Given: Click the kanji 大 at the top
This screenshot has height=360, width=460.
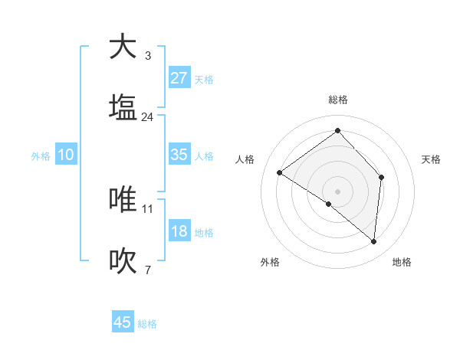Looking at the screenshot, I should [123, 47].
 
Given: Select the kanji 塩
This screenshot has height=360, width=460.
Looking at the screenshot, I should [123, 108].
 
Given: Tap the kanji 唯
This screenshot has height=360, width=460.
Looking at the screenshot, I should [123, 199].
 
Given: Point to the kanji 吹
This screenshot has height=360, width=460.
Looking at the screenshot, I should [123, 261].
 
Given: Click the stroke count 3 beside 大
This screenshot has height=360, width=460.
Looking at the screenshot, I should [147, 56].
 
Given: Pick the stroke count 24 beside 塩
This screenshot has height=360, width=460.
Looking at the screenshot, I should [147, 117].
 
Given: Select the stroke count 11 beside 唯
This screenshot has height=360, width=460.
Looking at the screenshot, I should [148, 208].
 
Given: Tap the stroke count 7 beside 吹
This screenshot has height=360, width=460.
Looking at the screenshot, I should [147, 270].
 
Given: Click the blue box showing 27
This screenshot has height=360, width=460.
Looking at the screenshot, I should [179, 78].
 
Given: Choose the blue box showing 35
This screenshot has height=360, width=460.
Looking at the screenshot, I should [179, 155].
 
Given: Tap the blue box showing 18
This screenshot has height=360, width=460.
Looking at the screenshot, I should [179, 231].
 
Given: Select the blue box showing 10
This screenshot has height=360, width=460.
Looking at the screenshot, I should [65, 155].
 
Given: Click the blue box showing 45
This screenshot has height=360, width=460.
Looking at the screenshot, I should [123, 322].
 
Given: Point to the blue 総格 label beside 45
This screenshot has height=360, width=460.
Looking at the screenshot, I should [147, 324].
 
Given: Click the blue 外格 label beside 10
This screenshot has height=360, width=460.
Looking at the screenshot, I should [41, 156].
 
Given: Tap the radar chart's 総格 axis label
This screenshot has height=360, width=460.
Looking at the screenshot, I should [338, 100].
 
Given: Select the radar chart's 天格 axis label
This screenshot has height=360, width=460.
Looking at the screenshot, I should [432, 159].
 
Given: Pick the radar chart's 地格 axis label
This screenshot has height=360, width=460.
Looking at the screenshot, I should [402, 262].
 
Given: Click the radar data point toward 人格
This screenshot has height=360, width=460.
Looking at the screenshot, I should [280, 172].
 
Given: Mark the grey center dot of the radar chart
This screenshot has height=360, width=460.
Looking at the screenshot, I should [338, 191].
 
